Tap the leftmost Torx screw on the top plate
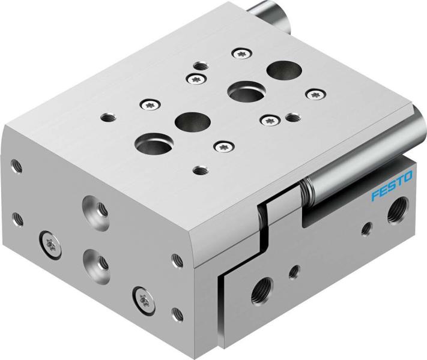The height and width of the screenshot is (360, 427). (148, 105)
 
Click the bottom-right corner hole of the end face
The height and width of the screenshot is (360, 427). (177, 313)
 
